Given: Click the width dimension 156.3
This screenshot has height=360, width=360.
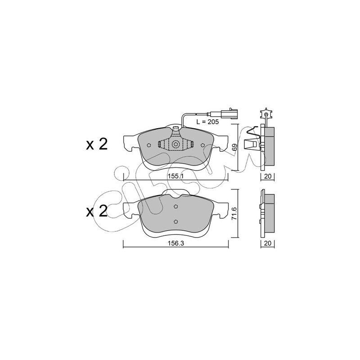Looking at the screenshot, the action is pos(176,243).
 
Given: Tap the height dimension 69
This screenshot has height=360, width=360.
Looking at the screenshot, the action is pos(234,147).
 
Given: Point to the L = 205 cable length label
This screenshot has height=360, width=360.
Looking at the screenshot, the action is pos(207,122).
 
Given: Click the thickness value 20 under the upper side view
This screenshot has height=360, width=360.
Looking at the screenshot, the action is pos(268,176).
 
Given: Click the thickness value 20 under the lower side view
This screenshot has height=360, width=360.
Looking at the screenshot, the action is pos(268,243).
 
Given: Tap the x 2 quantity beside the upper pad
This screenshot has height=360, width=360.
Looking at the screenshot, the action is pos(97,144).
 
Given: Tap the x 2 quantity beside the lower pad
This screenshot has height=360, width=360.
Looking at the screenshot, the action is pos(97,211).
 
